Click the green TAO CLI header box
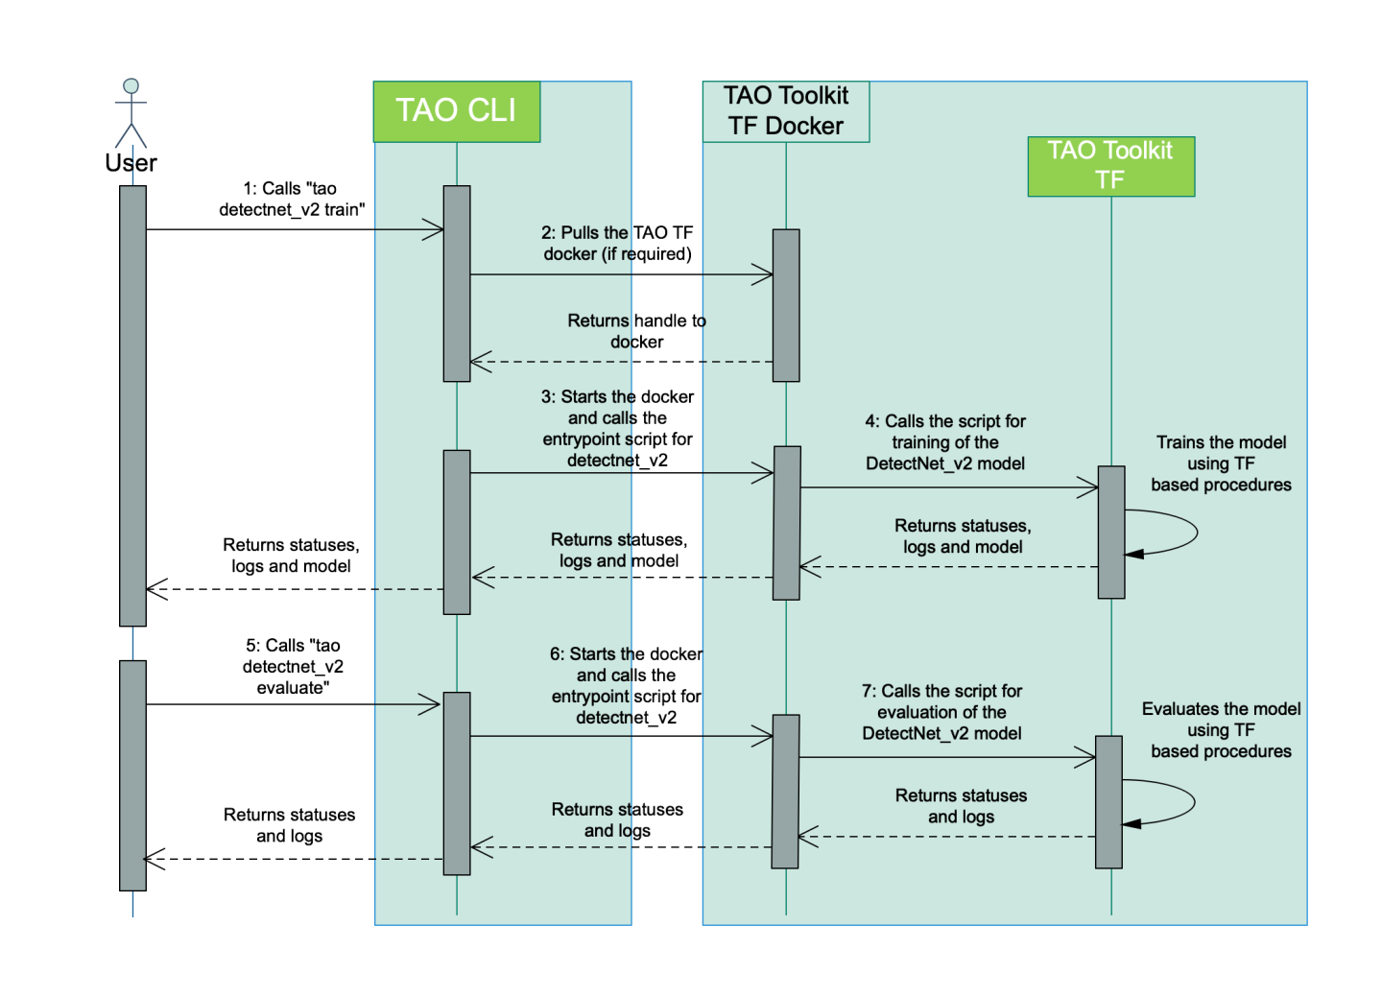[x=457, y=111]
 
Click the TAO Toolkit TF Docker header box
[x=786, y=111]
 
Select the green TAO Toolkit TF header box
[x=1110, y=166]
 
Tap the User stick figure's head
[x=131, y=86]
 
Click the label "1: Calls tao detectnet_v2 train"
[x=291, y=199]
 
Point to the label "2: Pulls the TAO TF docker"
[x=617, y=244]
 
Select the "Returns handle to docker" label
[x=636, y=331]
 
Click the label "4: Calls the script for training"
[x=945, y=442]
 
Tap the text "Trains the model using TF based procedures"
[x=1221, y=463]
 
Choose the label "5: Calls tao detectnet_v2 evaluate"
[x=292, y=666]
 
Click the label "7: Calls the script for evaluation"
[x=941, y=712]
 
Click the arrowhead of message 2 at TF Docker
[x=764, y=275]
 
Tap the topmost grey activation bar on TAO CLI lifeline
[x=457, y=283]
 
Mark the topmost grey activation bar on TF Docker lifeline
[x=786, y=305]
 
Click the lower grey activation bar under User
[x=132, y=774]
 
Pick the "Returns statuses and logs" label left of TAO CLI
[x=290, y=825]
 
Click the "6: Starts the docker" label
[x=626, y=685]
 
